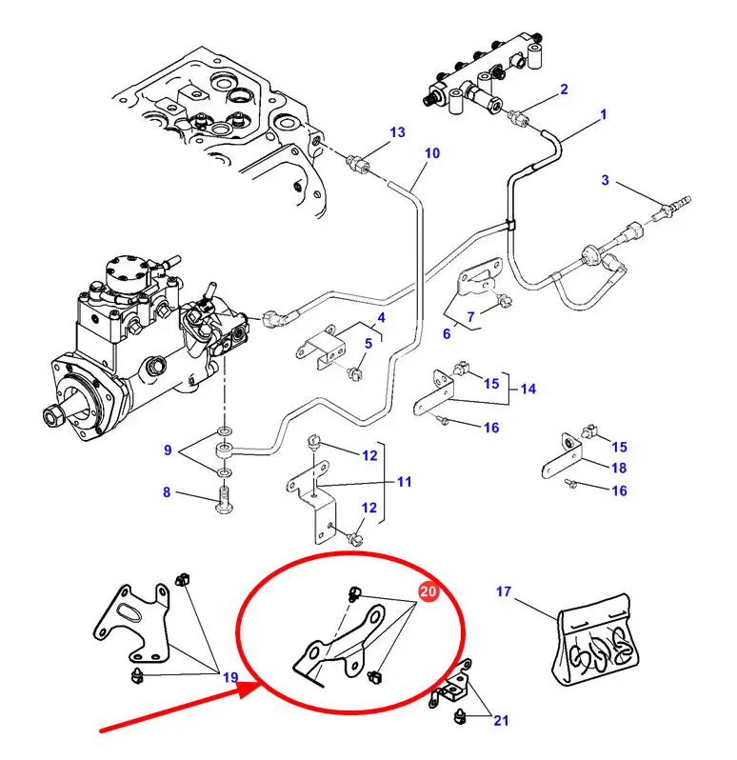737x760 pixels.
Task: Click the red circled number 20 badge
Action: tap(428, 591)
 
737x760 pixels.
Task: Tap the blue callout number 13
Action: tap(397, 132)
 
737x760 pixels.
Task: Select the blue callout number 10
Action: tap(432, 153)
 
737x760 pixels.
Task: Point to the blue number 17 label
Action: tap(504, 591)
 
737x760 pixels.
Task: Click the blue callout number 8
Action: tap(167, 492)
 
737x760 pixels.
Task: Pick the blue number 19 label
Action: tap(230, 677)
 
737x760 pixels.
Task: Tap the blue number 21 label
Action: tap(501, 721)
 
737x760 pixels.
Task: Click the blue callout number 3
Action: tap(606, 180)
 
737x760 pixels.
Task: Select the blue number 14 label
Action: tap(528, 389)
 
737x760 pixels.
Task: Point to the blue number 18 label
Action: tap(619, 468)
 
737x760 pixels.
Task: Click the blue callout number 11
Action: tap(404, 482)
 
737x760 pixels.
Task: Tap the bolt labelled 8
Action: tap(224, 500)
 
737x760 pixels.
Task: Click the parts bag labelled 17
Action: tap(595, 640)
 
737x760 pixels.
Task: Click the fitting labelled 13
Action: tap(358, 162)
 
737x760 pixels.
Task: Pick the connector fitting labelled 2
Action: tap(517, 118)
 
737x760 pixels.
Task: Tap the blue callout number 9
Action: tap(168, 450)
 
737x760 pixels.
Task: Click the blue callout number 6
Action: tap(447, 333)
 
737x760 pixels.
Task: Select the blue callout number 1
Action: tap(604, 115)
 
